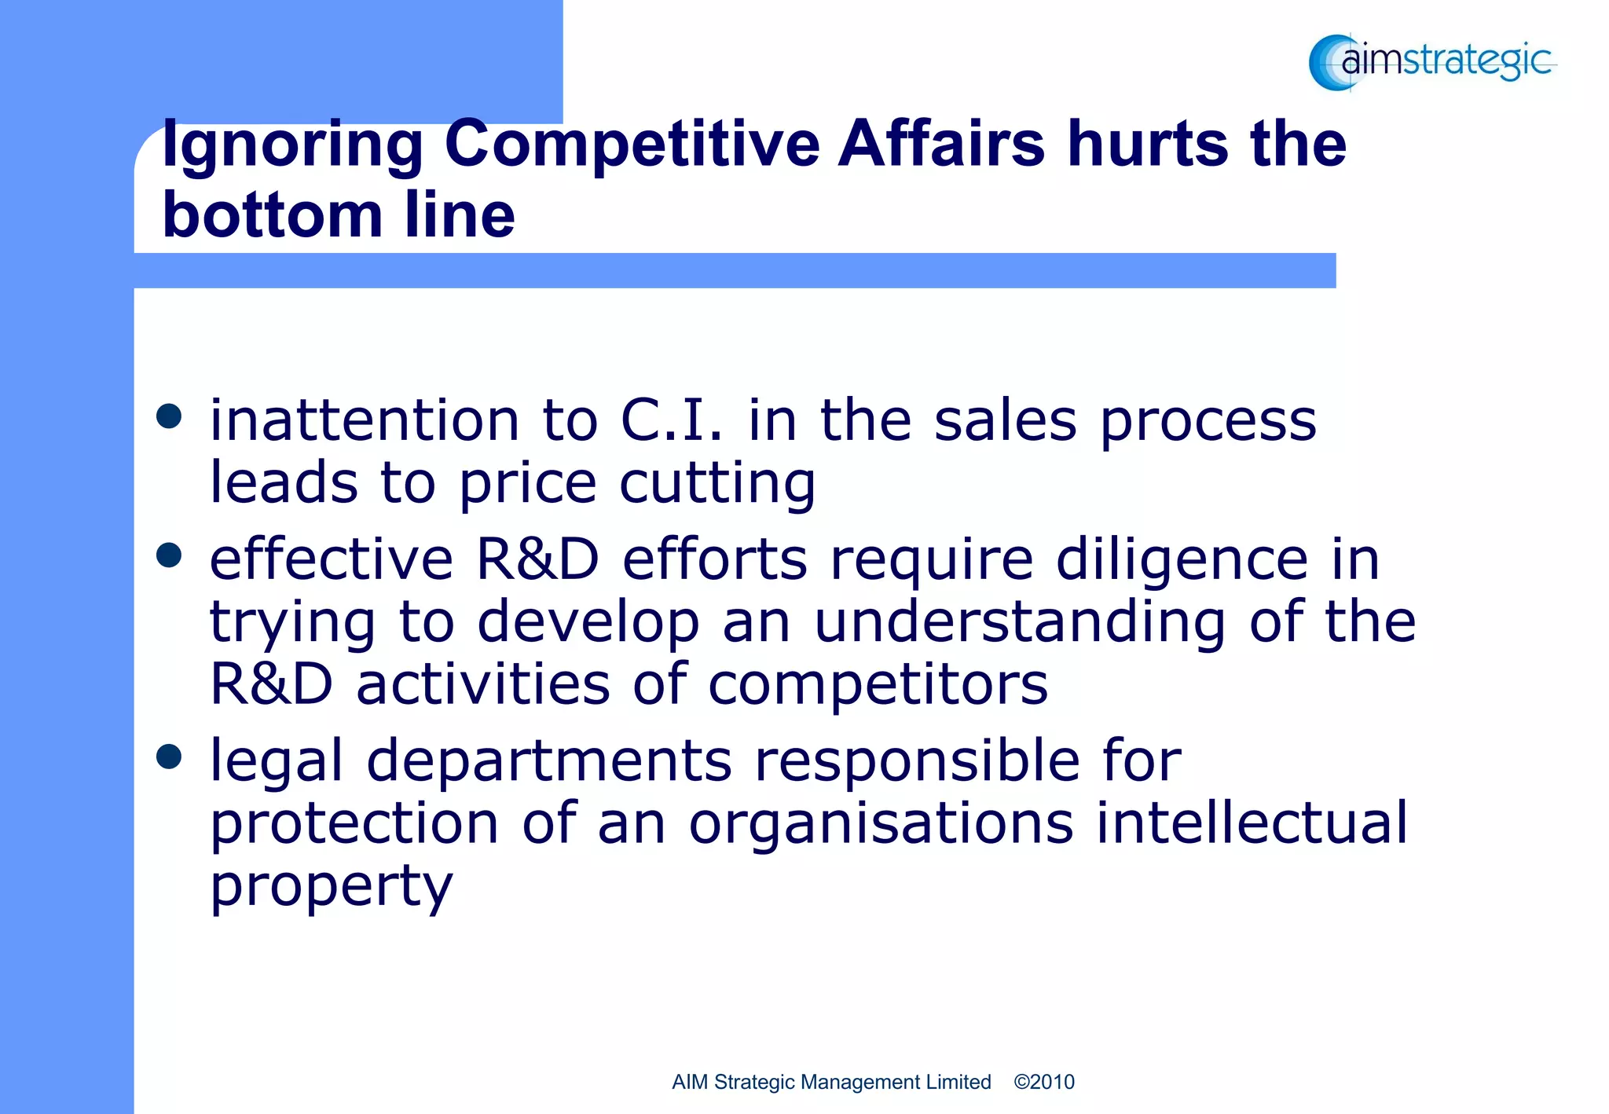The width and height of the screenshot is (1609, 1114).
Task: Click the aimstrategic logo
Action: coord(1431,61)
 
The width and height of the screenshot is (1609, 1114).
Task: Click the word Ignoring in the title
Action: coord(292,146)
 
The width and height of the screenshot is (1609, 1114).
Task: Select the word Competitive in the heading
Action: coord(632,146)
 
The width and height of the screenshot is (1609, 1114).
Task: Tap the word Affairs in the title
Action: coord(941,145)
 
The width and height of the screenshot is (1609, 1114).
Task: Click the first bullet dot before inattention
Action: coord(169,416)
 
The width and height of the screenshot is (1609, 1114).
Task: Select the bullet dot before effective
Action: coord(169,555)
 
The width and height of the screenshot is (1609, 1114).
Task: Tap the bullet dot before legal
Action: coord(169,757)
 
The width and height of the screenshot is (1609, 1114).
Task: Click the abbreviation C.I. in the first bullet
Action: coord(672,420)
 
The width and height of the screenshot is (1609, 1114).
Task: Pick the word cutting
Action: coord(717,483)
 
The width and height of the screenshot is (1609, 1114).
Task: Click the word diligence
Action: coord(1182,562)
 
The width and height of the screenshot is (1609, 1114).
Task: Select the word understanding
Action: coord(1020,622)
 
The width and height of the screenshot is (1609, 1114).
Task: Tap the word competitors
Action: coord(878,684)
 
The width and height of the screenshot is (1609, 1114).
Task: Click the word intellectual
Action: coord(1252,823)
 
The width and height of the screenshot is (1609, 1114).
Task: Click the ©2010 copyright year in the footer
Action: coord(1044,1082)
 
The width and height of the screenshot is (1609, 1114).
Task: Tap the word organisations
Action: coord(881,825)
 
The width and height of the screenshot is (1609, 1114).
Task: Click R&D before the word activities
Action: coord(272,684)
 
